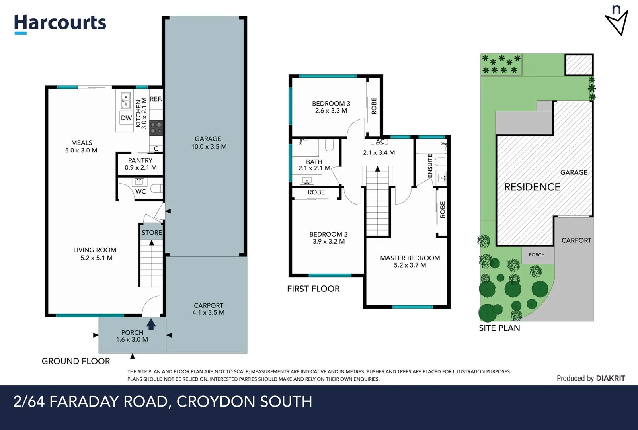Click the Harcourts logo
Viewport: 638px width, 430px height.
click(x=60, y=23)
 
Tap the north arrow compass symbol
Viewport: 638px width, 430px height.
click(x=617, y=21)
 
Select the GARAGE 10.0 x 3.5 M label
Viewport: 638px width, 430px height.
click(x=209, y=143)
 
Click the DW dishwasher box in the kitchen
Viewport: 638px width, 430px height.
click(x=126, y=118)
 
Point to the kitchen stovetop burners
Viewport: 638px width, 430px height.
click(x=156, y=127)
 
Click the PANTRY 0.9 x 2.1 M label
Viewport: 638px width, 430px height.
click(x=140, y=164)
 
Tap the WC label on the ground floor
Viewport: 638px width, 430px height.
click(x=140, y=192)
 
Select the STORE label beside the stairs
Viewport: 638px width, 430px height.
click(x=152, y=233)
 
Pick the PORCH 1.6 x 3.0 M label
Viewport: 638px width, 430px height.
click(x=132, y=336)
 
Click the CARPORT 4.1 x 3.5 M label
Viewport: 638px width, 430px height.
click(x=209, y=309)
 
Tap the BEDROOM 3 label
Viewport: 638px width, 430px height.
click(x=331, y=107)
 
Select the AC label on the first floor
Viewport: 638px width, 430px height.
click(x=380, y=142)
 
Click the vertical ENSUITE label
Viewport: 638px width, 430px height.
click(x=430, y=166)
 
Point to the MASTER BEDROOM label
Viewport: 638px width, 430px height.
click(x=410, y=262)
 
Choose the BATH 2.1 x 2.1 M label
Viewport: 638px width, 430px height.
click(x=314, y=165)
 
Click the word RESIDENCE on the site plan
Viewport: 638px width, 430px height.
click(x=532, y=187)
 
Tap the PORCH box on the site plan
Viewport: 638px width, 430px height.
click(x=537, y=255)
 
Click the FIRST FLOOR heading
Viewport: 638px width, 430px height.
click(x=313, y=289)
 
